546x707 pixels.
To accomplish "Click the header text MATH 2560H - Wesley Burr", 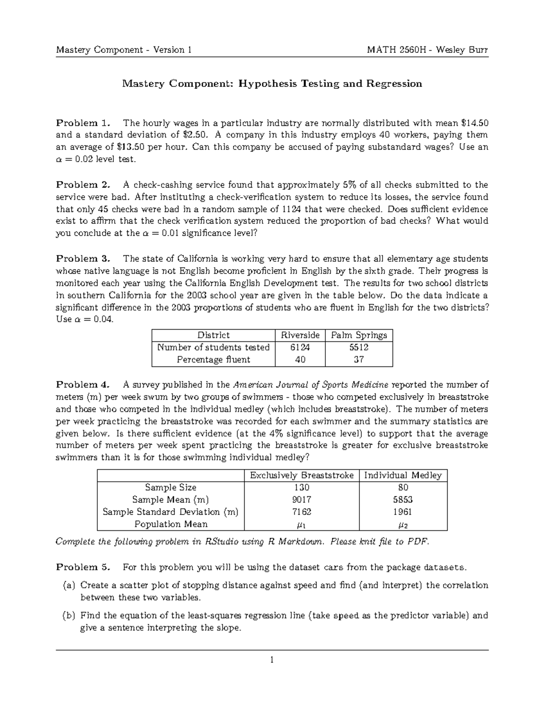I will (x=427, y=50).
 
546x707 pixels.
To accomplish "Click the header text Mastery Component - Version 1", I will (x=123, y=50).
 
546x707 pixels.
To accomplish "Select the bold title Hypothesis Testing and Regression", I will (x=331, y=84).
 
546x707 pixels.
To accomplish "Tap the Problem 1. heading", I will (x=83, y=123).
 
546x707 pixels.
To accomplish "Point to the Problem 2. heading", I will (x=83, y=185).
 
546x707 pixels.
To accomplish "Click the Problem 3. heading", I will (x=83, y=259).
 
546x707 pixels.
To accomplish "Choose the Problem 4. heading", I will (x=83, y=385).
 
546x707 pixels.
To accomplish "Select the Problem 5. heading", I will (x=83, y=567).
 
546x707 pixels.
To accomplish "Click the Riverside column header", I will (x=300, y=336).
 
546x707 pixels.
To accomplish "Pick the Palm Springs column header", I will (x=359, y=336).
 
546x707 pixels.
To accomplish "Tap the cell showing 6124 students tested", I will (x=300, y=347).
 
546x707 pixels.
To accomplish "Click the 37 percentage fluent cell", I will (x=359, y=360).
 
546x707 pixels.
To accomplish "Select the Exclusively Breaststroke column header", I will (x=302, y=475).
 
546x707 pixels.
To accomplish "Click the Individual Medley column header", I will (x=403, y=475).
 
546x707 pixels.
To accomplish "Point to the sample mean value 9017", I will (x=302, y=499).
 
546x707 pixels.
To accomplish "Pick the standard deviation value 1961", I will (x=403, y=512).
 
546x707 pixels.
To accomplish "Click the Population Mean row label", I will (x=171, y=524).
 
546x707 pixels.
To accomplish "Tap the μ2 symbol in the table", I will (x=403, y=525).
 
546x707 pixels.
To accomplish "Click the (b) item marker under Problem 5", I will (x=69, y=616).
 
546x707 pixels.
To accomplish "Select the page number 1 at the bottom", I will (x=272, y=660).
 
